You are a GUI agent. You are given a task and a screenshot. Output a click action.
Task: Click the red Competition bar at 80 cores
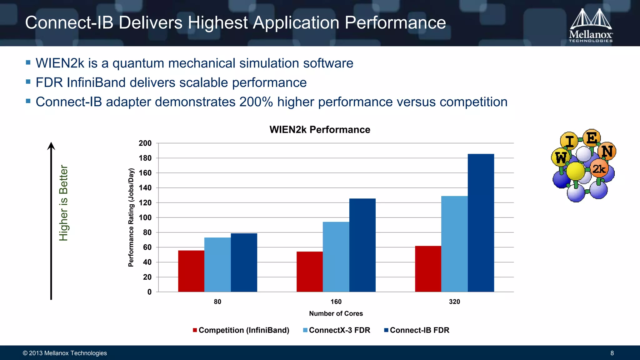tap(191, 271)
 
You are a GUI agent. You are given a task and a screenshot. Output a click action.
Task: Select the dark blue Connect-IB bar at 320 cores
tap(481, 223)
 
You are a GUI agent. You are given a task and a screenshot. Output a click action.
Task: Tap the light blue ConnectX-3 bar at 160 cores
tap(336, 257)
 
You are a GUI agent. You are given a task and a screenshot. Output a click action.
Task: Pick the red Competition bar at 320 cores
tap(428, 269)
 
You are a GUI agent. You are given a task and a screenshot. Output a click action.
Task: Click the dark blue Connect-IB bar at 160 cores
tap(362, 245)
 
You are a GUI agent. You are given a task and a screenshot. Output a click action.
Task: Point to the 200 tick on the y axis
tap(145, 143)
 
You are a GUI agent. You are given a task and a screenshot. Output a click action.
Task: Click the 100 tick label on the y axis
tap(145, 218)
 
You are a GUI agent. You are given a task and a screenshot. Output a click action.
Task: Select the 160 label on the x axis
tap(336, 302)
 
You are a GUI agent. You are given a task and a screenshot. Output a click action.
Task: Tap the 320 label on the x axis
tap(454, 302)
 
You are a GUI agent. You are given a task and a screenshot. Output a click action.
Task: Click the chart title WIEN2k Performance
tap(320, 130)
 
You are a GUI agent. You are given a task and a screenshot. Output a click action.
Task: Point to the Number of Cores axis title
tap(336, 313)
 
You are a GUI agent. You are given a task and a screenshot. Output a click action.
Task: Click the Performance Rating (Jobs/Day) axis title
tap(131, 217)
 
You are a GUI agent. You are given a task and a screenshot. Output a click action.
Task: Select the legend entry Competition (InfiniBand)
tap(241, 330)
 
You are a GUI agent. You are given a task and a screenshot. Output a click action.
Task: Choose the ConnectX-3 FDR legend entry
tap(337, 330)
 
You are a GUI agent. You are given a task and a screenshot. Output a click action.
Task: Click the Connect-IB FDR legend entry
tap(417, 330)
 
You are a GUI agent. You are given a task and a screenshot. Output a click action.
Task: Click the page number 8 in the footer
tap(612, 353)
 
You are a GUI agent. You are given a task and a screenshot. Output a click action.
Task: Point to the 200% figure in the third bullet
tap(256, 102)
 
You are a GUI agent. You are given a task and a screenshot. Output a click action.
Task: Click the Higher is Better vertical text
tap(63, 203)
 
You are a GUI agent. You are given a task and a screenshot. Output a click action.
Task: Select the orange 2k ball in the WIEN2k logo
tap(599, 169)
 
